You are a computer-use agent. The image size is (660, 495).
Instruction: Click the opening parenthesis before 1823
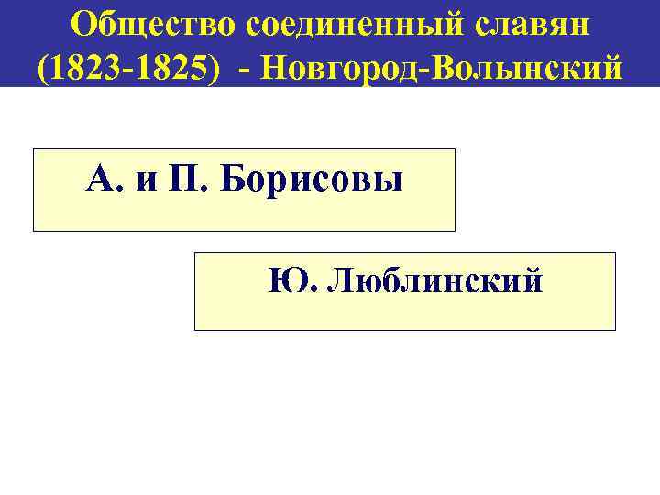tap(42, 66)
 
